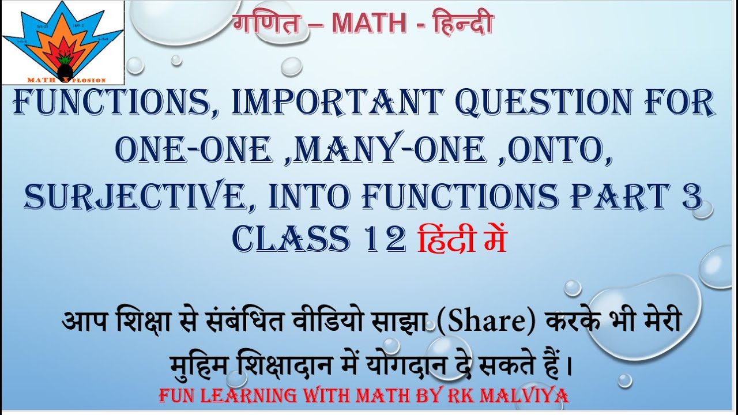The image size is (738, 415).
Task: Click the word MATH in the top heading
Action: tap(369, 24)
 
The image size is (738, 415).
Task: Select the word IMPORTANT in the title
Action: tap(336, 103)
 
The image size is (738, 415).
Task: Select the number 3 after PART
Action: tap(692, 197)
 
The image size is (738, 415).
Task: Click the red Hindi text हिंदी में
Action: tap(462, 238)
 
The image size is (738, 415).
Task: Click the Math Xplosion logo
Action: tap(63, 43)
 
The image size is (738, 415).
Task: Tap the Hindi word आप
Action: tap(85, 322)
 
